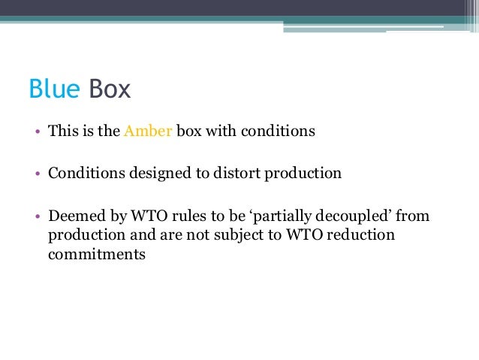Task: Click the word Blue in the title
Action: pos(54,89)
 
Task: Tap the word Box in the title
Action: pos(110,89)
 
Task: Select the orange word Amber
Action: pos(148,130)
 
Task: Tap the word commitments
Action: pos(97,254)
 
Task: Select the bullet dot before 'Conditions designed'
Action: pos(36,174)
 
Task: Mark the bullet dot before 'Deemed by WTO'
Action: pos(36,217)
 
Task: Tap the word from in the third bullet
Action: pos(412,216)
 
